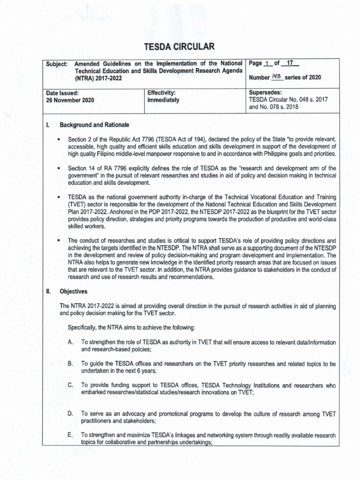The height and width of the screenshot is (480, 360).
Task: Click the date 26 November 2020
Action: [69, 100]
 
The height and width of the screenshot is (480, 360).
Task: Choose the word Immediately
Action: [163, 100]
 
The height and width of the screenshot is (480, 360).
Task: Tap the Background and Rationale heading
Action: [94, 125]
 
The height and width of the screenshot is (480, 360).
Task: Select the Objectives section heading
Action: [74, 291]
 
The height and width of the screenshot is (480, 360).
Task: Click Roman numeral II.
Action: [48, 291]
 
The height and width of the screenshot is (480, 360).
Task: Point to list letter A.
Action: [70, 343]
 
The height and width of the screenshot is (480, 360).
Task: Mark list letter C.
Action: [70, 385]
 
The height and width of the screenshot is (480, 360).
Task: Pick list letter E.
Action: [70, 435]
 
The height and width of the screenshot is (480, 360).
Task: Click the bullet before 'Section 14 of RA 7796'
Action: [59, 168]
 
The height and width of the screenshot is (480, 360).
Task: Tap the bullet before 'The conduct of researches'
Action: [59, 240]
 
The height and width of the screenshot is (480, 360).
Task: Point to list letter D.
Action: [70, 414]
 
